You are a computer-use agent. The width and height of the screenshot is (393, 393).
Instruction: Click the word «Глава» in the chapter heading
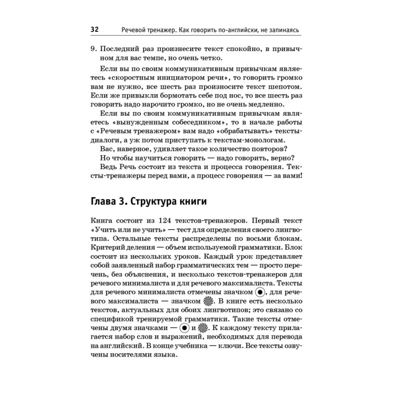click(103, 202)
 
